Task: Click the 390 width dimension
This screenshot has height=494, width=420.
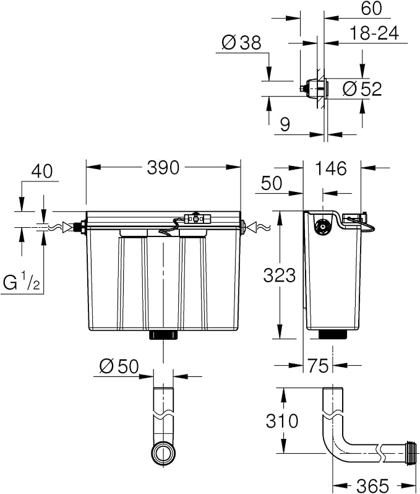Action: (x=163, y=167)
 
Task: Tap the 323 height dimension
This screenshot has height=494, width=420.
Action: (x=280, y=275)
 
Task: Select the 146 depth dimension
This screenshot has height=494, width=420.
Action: (x=331, y=168)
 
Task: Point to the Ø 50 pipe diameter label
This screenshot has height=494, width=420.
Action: (x=119, y=366)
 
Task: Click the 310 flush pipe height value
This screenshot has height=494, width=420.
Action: (x=282, y=420)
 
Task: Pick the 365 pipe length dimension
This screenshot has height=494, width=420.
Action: (x=373, y=485)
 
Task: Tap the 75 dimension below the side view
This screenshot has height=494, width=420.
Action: (x=318, y=365)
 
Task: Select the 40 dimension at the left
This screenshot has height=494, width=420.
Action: (x=42, y=171)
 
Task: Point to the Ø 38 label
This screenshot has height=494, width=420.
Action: (x=241, y=43)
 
